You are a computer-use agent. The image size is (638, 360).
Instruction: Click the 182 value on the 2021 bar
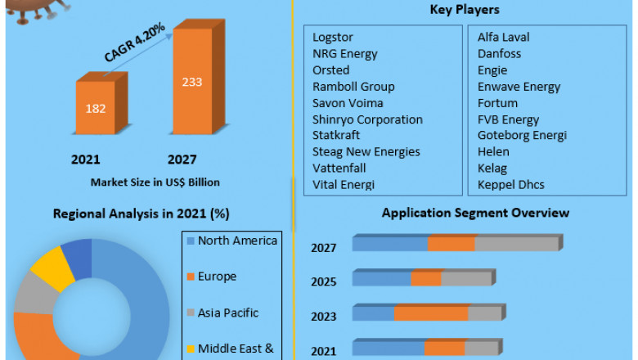pos(95,108)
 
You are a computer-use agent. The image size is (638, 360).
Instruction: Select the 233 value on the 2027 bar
pos(192,82)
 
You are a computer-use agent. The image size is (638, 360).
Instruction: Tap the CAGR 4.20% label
pos(134,43)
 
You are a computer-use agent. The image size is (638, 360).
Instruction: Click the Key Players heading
pos(465,10)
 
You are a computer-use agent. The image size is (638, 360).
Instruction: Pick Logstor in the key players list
pos(334,38)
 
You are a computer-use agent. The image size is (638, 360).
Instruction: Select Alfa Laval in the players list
pos(503,38)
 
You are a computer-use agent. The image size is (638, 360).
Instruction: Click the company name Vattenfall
pos(339,169)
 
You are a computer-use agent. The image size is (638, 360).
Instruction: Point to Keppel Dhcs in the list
pos(511,185)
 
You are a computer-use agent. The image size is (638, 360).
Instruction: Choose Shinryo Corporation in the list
pos(367,119)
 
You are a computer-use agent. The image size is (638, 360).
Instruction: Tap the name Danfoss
pos(499,54)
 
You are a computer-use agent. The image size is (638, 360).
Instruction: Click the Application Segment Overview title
pos(475,214)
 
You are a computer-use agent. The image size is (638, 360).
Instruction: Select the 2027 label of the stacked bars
pos(324,248)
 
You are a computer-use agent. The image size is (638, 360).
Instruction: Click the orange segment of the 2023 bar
pos(430,313)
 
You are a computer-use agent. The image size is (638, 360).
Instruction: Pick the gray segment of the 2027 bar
pos(515,244)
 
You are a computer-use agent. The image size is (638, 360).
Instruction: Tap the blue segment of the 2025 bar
pos(382,279)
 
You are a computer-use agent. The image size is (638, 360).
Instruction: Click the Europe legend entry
pos(217,277)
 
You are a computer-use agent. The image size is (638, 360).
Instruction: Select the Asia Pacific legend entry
pos(228,313)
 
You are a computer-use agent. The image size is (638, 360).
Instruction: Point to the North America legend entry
pos(237,241)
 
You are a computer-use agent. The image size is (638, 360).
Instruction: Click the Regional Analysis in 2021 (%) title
pos(142,214)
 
